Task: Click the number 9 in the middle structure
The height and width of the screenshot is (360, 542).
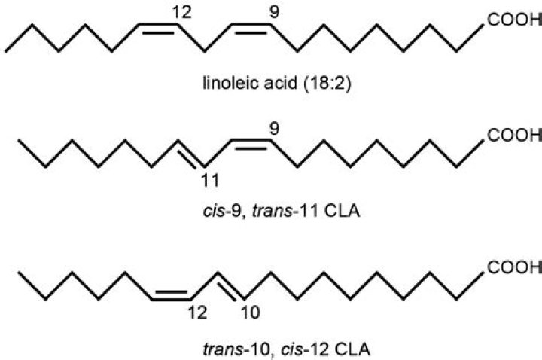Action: (273, 127)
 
